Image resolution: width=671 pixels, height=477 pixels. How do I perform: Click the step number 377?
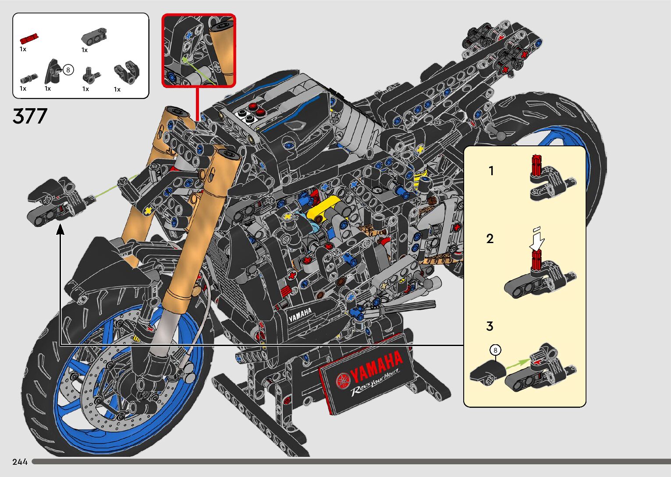[x=30, y=116]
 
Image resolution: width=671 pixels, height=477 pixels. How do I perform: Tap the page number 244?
[x=20, y=462]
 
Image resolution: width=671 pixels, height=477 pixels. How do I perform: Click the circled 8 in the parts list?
[x=68, y=70]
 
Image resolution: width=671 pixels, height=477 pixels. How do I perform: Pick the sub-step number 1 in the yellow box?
[x=491, y=171]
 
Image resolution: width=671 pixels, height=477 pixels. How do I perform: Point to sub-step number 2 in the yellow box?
[x=490, y=239]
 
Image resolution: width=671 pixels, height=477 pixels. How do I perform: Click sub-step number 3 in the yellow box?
[x=490, y=326]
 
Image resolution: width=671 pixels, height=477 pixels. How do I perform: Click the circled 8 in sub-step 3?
[x=495, y=350]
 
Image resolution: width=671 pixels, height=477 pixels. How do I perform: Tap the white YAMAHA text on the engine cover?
[x=300, y=314]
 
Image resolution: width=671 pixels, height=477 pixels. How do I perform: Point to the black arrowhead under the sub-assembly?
[x=60, y=230]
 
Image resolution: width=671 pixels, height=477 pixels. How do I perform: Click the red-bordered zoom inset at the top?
[x=199, y=50]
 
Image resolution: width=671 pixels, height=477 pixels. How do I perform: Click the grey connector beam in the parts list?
[x=94, y=36]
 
